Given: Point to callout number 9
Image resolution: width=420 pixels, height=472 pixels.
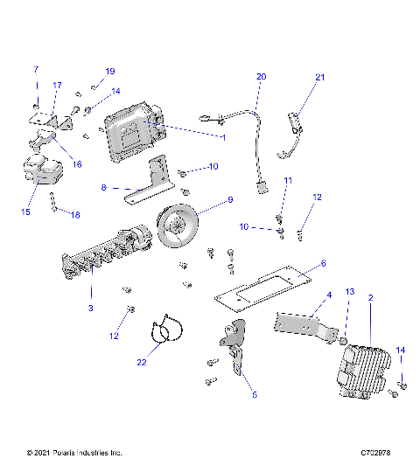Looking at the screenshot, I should pos(230,200).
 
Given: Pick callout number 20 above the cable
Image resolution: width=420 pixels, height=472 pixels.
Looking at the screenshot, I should pos(260,77).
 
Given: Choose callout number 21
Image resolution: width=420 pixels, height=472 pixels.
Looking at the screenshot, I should pos(319,78).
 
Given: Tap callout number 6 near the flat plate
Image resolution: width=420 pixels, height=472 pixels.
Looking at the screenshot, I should pos(323,262).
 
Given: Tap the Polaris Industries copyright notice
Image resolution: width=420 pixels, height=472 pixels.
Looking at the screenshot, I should pos(74,453).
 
